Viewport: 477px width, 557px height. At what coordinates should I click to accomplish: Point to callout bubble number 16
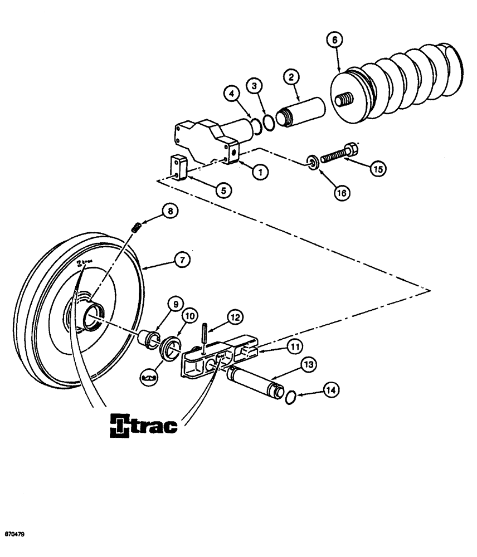tap(340, 192)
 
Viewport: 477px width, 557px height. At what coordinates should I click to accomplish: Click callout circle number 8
tap(168, 210)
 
